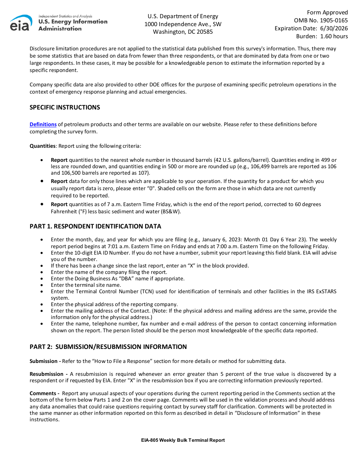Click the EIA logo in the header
tap(21, 23)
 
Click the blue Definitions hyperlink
tap(43, 124)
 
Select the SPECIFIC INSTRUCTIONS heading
tap(65, 107)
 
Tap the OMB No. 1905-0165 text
tap(321, 20)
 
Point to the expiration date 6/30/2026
tap(334, 28)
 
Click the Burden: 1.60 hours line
tap(322, 36)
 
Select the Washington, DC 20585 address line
tap(183, 32)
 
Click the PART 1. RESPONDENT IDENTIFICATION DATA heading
tap(95, 226)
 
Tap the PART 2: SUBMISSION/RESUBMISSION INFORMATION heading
tap(108, 347)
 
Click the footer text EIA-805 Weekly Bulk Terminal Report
tap(183, 440)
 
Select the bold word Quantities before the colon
tap(42, 146)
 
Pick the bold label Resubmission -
tap(48, 374)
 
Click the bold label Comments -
tap(44, 393)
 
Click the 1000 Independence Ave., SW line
tap(183, 24)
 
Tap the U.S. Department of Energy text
tap(183, 16)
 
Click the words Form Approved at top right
tap(327, 13)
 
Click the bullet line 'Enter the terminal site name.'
tap(86, 285)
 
